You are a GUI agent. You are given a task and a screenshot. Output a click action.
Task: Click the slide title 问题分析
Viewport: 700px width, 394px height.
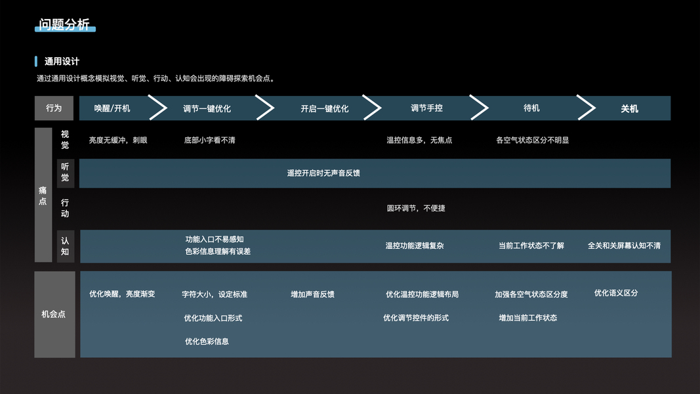click(x=64, y=25)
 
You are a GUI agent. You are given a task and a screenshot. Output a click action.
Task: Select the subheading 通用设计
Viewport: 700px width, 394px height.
click(x=62, y=62)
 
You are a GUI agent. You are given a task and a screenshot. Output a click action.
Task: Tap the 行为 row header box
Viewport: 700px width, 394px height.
click(x=54, y=108)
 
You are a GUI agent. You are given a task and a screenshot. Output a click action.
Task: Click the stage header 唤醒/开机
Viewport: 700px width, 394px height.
click(x=112, y=108)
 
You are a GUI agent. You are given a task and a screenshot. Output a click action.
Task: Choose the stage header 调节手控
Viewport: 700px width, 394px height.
click(x=426, y=108)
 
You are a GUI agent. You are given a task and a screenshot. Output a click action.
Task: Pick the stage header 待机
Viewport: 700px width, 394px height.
click(x=531, y=108)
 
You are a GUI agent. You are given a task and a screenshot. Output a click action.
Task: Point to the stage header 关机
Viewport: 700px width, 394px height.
click(x=629, y=109)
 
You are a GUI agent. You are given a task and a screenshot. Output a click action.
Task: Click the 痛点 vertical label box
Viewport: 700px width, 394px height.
click(x=43, y=196)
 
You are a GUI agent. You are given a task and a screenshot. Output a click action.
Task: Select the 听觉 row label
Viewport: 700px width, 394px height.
click(x=65, y=173)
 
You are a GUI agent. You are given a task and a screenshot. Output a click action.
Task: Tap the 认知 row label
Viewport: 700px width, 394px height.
click(x=65, y=246)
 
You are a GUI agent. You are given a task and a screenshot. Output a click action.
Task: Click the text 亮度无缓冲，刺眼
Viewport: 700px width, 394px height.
click(x=118, y=140)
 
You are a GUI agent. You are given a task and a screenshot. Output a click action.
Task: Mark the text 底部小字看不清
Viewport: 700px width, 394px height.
click(x=209, y=141)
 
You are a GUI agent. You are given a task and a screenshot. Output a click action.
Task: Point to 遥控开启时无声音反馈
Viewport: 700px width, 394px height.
click(x=323, y=173)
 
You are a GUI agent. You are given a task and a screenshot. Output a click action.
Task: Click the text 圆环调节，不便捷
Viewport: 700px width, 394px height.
click(x=416, y=208)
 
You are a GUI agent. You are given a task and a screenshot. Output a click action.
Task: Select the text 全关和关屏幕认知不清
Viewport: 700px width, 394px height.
click(x=624, y=246)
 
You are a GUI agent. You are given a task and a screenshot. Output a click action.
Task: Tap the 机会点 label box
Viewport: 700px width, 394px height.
click(x=54, y=314)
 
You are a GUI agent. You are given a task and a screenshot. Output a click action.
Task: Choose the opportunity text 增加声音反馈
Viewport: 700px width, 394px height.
click(x=312, y=294)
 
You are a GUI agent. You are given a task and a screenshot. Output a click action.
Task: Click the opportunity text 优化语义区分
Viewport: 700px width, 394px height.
click(x=616, y=293)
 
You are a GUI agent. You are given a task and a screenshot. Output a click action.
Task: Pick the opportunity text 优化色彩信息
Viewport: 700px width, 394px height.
click(x=207, y=341)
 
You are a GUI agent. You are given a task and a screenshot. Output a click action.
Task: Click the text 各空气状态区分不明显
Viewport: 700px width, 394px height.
click(x=532, y=140)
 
